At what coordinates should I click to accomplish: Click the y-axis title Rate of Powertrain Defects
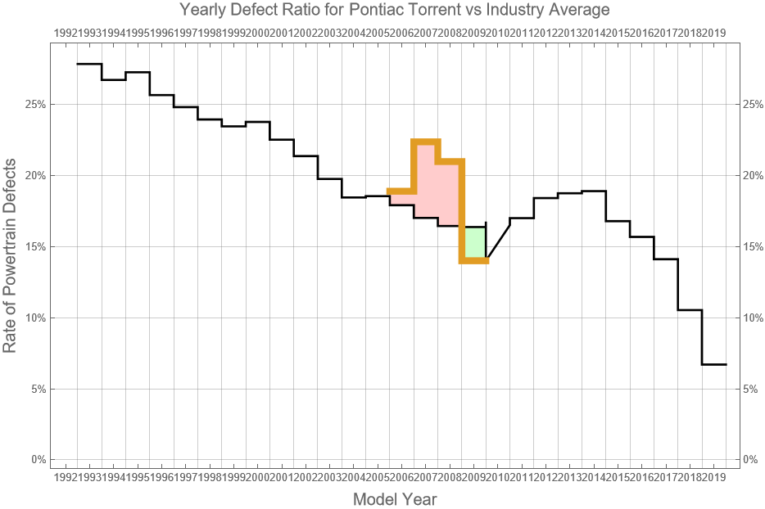(x=10, y=266)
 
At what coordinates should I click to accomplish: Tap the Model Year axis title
(x=395, y=499)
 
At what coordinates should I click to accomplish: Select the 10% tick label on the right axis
(x=753, y=318)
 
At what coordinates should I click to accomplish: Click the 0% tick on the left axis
(x=38, y=460)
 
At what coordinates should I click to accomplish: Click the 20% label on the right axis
(x=753, y=176)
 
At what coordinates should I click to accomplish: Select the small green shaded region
(x=474, y=243)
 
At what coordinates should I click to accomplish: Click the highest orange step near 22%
(x=426, y=142)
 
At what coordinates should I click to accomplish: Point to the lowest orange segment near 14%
(x=474, y=260)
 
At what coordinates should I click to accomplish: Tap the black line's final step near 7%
(x=713, y=364)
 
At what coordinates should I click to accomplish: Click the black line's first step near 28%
(x=89, y=64)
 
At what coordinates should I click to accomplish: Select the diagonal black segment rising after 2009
(x=498, y=241)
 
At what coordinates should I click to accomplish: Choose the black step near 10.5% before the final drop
(x=690, y=310)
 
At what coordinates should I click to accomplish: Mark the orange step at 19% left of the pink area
(x=401, y=191)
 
